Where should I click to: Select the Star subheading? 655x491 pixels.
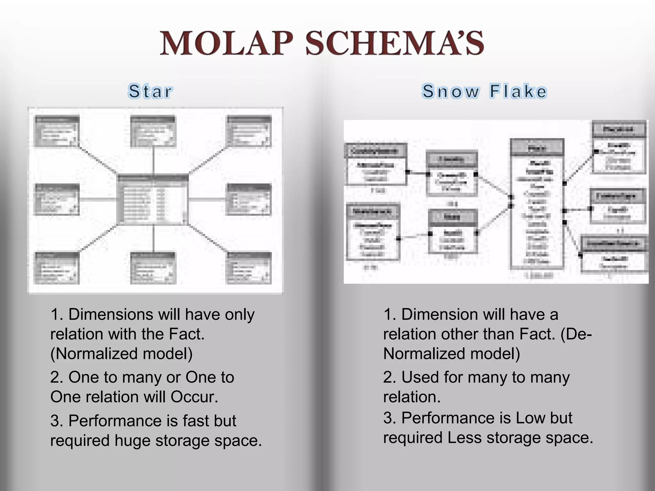tap(150, 91)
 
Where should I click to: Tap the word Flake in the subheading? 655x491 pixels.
tap(518, 91)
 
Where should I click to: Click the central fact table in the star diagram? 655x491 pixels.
tap(153, 199)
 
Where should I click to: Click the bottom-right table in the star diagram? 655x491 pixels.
tap(249, 268)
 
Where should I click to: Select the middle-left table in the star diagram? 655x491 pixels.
tap(57, 199)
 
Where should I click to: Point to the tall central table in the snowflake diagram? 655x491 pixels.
tap(537, 205)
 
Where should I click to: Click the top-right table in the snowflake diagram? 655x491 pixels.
tap(619, 147)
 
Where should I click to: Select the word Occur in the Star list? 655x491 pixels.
tap(194, 397)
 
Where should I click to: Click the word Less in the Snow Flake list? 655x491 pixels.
tap(464, 438)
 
